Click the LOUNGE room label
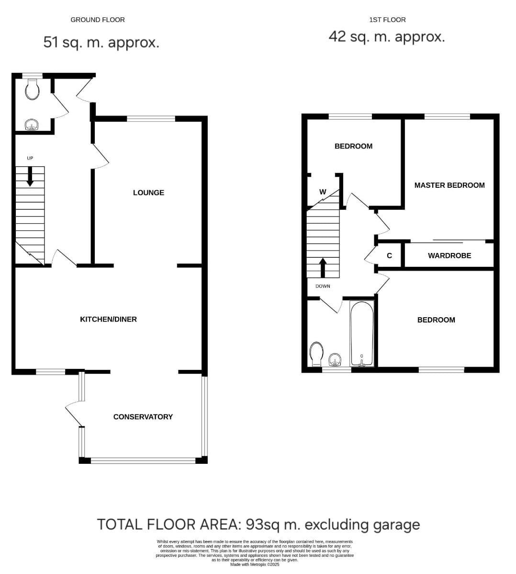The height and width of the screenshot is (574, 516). click(148, 193)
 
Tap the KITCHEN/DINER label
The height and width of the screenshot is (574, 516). click(108, 319)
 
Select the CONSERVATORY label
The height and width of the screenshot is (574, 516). click(143, 416)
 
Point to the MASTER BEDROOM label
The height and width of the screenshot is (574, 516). click(449, 185)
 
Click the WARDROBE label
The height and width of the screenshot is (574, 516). click(449, 255)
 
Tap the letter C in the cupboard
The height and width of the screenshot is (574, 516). click(390, 255)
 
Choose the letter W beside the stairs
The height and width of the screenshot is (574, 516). click(323, 192)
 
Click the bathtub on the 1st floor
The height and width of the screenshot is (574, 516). click(362, 333)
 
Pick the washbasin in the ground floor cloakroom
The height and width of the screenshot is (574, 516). click(32, 125)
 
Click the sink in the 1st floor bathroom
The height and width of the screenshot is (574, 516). click(335, 360)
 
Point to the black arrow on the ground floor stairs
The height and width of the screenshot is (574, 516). click(30, 176)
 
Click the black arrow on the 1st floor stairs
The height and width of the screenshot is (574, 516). click(323, 268)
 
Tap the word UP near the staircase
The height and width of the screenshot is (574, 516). click(30, 158)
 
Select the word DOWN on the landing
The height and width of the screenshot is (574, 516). click(323, 286)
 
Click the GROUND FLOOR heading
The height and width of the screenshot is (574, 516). click(98, 20)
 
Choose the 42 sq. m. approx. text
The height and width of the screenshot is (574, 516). click(387, 36)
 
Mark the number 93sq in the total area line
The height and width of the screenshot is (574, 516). click(262, 525)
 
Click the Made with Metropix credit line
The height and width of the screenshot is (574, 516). click(255, 564)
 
